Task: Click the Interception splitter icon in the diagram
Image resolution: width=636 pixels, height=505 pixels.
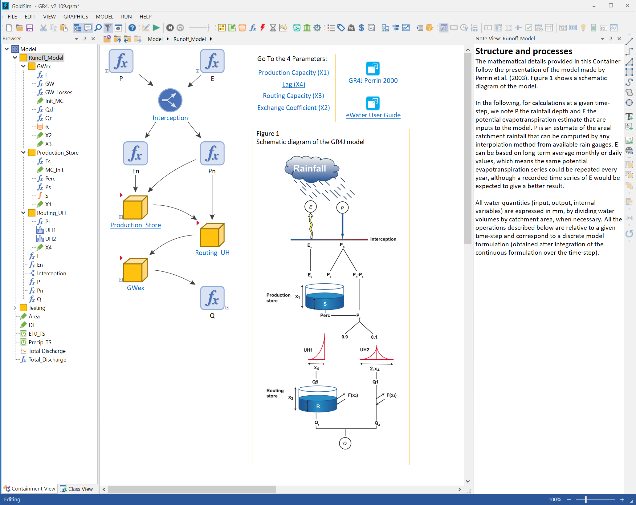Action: click(x=170, y=100)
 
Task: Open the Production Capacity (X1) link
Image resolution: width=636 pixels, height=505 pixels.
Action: click(x=293, y=73)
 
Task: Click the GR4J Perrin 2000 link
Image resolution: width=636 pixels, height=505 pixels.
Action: click(x=373, y=81)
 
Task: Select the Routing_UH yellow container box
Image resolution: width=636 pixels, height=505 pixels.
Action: click(x=212, y=235)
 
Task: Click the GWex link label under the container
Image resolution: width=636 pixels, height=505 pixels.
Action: click(x=136, y=288)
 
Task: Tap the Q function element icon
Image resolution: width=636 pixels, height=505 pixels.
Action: click(x=212, y=298)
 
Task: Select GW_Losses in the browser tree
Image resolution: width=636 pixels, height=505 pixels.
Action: click(x=59, y=92)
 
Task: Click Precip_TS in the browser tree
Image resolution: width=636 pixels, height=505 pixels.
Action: click(x=40, y=342)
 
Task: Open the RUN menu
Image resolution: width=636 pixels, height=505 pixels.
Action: click(x=126, y=17)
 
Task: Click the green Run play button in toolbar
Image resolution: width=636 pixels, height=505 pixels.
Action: click(x=156, y=28)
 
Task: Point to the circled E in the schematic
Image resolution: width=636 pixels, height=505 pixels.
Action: click(x=310, y=207)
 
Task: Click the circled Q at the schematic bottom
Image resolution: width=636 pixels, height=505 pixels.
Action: click(x=345, y=443)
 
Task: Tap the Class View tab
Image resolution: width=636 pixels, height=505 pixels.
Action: click(x=77, y=489)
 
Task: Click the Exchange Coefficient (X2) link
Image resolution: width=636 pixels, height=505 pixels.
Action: click(x=293, y=108)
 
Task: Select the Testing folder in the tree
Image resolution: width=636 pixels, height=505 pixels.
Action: click(x=37, y=308)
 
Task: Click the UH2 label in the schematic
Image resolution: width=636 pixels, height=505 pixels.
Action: click(x=364, y=350)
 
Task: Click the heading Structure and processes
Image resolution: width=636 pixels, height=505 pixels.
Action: click(x=524, y=51)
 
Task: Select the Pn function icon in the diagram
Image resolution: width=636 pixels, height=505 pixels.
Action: click(x=212, y=153)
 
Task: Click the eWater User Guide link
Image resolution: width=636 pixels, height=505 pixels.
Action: click(x=373, y=115)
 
